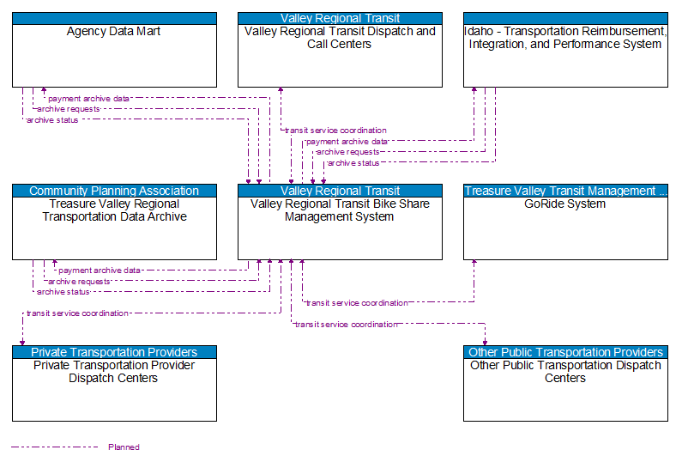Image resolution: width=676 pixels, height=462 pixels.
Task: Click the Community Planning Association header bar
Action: [114, 191]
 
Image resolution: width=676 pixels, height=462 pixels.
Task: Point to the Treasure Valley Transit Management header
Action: [565, 191]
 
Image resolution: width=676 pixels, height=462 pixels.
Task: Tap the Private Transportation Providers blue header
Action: [114, 352]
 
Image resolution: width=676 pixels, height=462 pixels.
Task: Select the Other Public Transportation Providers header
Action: [565, 352]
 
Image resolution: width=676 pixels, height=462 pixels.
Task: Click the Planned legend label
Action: [124, 447]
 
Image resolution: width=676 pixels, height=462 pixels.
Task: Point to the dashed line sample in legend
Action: [54, 447]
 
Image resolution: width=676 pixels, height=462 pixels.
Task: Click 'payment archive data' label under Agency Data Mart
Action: [89, 99]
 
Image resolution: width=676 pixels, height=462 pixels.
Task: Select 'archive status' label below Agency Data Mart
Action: [52, 120]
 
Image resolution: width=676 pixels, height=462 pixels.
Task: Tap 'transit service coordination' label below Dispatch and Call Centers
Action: [335, 131]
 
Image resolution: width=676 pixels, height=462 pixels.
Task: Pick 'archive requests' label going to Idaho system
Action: [347, 152]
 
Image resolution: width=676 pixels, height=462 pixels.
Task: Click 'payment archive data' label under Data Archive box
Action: [100, 271]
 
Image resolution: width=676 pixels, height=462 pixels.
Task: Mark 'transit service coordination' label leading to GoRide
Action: [357, 303]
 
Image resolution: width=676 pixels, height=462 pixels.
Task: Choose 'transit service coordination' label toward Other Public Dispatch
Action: [346, 325]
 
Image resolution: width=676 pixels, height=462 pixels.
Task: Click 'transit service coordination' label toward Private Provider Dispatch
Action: [77, 313]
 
